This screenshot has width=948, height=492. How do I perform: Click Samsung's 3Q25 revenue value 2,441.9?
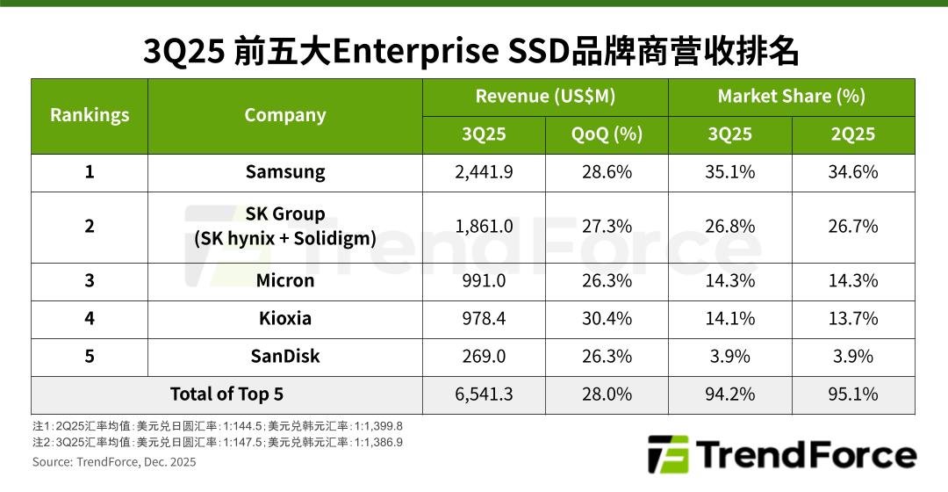point(484,172)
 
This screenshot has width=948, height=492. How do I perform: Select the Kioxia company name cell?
point(284,318)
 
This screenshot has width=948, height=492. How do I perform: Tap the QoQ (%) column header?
point(607,134)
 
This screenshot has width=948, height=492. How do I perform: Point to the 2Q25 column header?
point(852,134)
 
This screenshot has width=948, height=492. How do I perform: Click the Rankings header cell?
point(90,115)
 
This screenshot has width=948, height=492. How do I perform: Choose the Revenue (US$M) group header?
point(545,97)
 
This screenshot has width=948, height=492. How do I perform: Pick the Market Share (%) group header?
point(791,97)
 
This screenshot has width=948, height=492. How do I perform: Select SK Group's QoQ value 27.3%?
point(607,227)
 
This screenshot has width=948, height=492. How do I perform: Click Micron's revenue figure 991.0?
point(484,281)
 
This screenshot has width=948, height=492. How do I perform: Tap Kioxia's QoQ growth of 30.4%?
point(607,318)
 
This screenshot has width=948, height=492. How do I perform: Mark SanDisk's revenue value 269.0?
point(484,356)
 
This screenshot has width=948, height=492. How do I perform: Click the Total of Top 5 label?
point(226,394)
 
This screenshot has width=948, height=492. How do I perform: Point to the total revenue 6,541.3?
point(484,394)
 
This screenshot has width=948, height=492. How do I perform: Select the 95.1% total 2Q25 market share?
point(852,394)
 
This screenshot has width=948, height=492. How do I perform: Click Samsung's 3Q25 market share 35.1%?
point(729,172)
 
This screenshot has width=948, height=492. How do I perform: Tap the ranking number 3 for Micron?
point(90,281)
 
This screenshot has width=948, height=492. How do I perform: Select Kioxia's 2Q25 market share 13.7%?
point(852,318)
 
